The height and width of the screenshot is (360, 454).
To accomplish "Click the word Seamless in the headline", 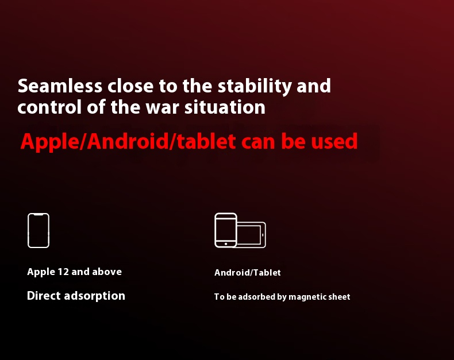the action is (60, 86).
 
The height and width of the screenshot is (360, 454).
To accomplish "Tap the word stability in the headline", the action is (255, 87).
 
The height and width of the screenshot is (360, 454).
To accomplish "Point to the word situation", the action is (225, 107).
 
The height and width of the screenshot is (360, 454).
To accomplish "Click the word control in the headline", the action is (49, 107).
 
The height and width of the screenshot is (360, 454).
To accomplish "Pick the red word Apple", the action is (50, 142).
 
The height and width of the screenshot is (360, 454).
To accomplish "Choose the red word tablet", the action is (206, 141).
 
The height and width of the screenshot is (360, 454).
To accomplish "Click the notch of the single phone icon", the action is (39, 214).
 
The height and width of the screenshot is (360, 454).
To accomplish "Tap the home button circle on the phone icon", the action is (226, 244).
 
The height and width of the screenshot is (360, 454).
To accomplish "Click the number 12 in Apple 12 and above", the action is (63, 272).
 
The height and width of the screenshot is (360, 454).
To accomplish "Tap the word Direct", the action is (44, 296).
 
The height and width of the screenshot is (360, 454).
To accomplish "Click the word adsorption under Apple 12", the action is (95, 296).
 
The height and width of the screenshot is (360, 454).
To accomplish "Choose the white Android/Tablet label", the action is (248, 273).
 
